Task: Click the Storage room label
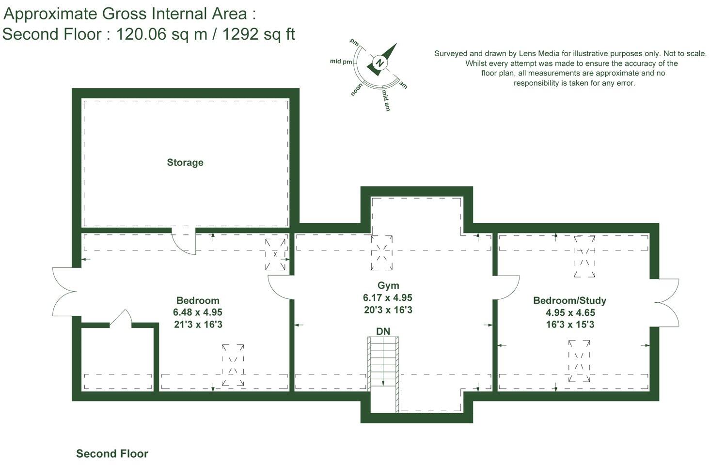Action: pyautogui.click(x=185, y=163)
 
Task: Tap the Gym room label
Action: pyautogui.click(x=388, y=285)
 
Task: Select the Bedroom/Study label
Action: pyautogui.click(x=569, y=300)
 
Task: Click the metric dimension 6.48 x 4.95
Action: pyautogui.click(x=197, y=312)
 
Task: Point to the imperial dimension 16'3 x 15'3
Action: pyautogui.click(x=570, y=325)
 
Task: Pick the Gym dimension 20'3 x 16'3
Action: pyautogui.click(x=388, y=310)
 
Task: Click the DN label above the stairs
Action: pyautogui.click(x=383, y=331)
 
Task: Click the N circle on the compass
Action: pyautogui.click(x=380, y=63)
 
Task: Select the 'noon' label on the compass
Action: pyautogui.click(x=357, y=90)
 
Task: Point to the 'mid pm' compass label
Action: pyautogui.click(x=341, y=62)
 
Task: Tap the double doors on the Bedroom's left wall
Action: pyautogui.click(x=64, y=292)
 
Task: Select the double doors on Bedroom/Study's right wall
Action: pyautogui.click(x=667, y=302)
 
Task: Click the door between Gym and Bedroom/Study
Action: pyautogui.click(x=507, y=288)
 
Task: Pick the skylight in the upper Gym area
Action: pyautogui.click(x=381, y=253)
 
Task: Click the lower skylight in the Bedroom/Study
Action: pyautogui.click(x=579, y=361)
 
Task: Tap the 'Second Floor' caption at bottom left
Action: pyautogui.click(x=112, y=454)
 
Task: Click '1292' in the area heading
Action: pyautogui.click(x=240, y=34)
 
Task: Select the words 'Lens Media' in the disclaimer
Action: pyautogui.click(x=539, y=54)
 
